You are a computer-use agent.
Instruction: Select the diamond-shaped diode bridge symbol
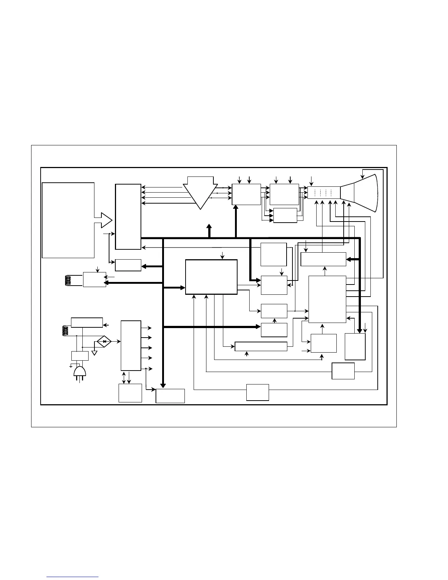coord(104,341)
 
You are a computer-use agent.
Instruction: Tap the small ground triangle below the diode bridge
coord(94,353)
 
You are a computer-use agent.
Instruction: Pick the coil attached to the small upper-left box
coord(67,280)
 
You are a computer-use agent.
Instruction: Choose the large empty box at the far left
coord(68,220)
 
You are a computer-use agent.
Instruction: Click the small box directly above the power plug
coord(80,356)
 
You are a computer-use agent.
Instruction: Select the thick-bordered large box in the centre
coord(211,277)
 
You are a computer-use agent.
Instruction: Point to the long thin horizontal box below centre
coord(261,346)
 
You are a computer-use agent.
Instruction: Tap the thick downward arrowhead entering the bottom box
coord(163,385)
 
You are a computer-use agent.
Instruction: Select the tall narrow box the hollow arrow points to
coord(128,217)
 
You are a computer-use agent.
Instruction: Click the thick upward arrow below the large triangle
coord(209,230)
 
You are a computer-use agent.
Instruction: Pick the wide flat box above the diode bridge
coord(87,323)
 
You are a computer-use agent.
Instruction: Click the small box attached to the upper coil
coord(94,280)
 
